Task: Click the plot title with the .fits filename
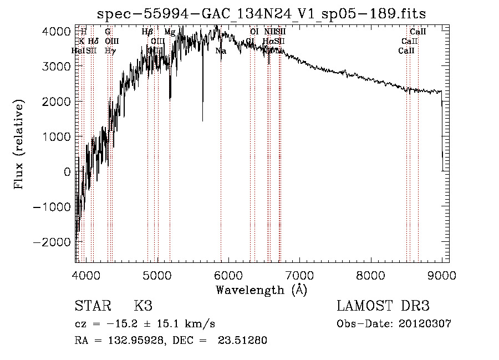pyautogui.click(x=261, y=14)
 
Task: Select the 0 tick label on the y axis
pyautogui.click(x=67, y=172)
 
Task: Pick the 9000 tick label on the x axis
pyautogui.click(x=442, y=275)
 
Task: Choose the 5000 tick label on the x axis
pyautogui.click(x=158, y=275)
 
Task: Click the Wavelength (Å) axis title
pyautogui.click(x=262, y=290)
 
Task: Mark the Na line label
pyautogui.click(x=221, y=51)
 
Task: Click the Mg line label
pyautogui.click(x=170, y=32)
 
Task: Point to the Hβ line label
pyautogui.click(x=147, y=32)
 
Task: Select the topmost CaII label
pyautogui.click(x=417, y=32)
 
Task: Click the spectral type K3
pyautogui.click(x=143, y=306)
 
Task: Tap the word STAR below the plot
pyautogui.click(x=92, y=306)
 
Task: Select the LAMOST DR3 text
pyautogui.click(x=383, y=306)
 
